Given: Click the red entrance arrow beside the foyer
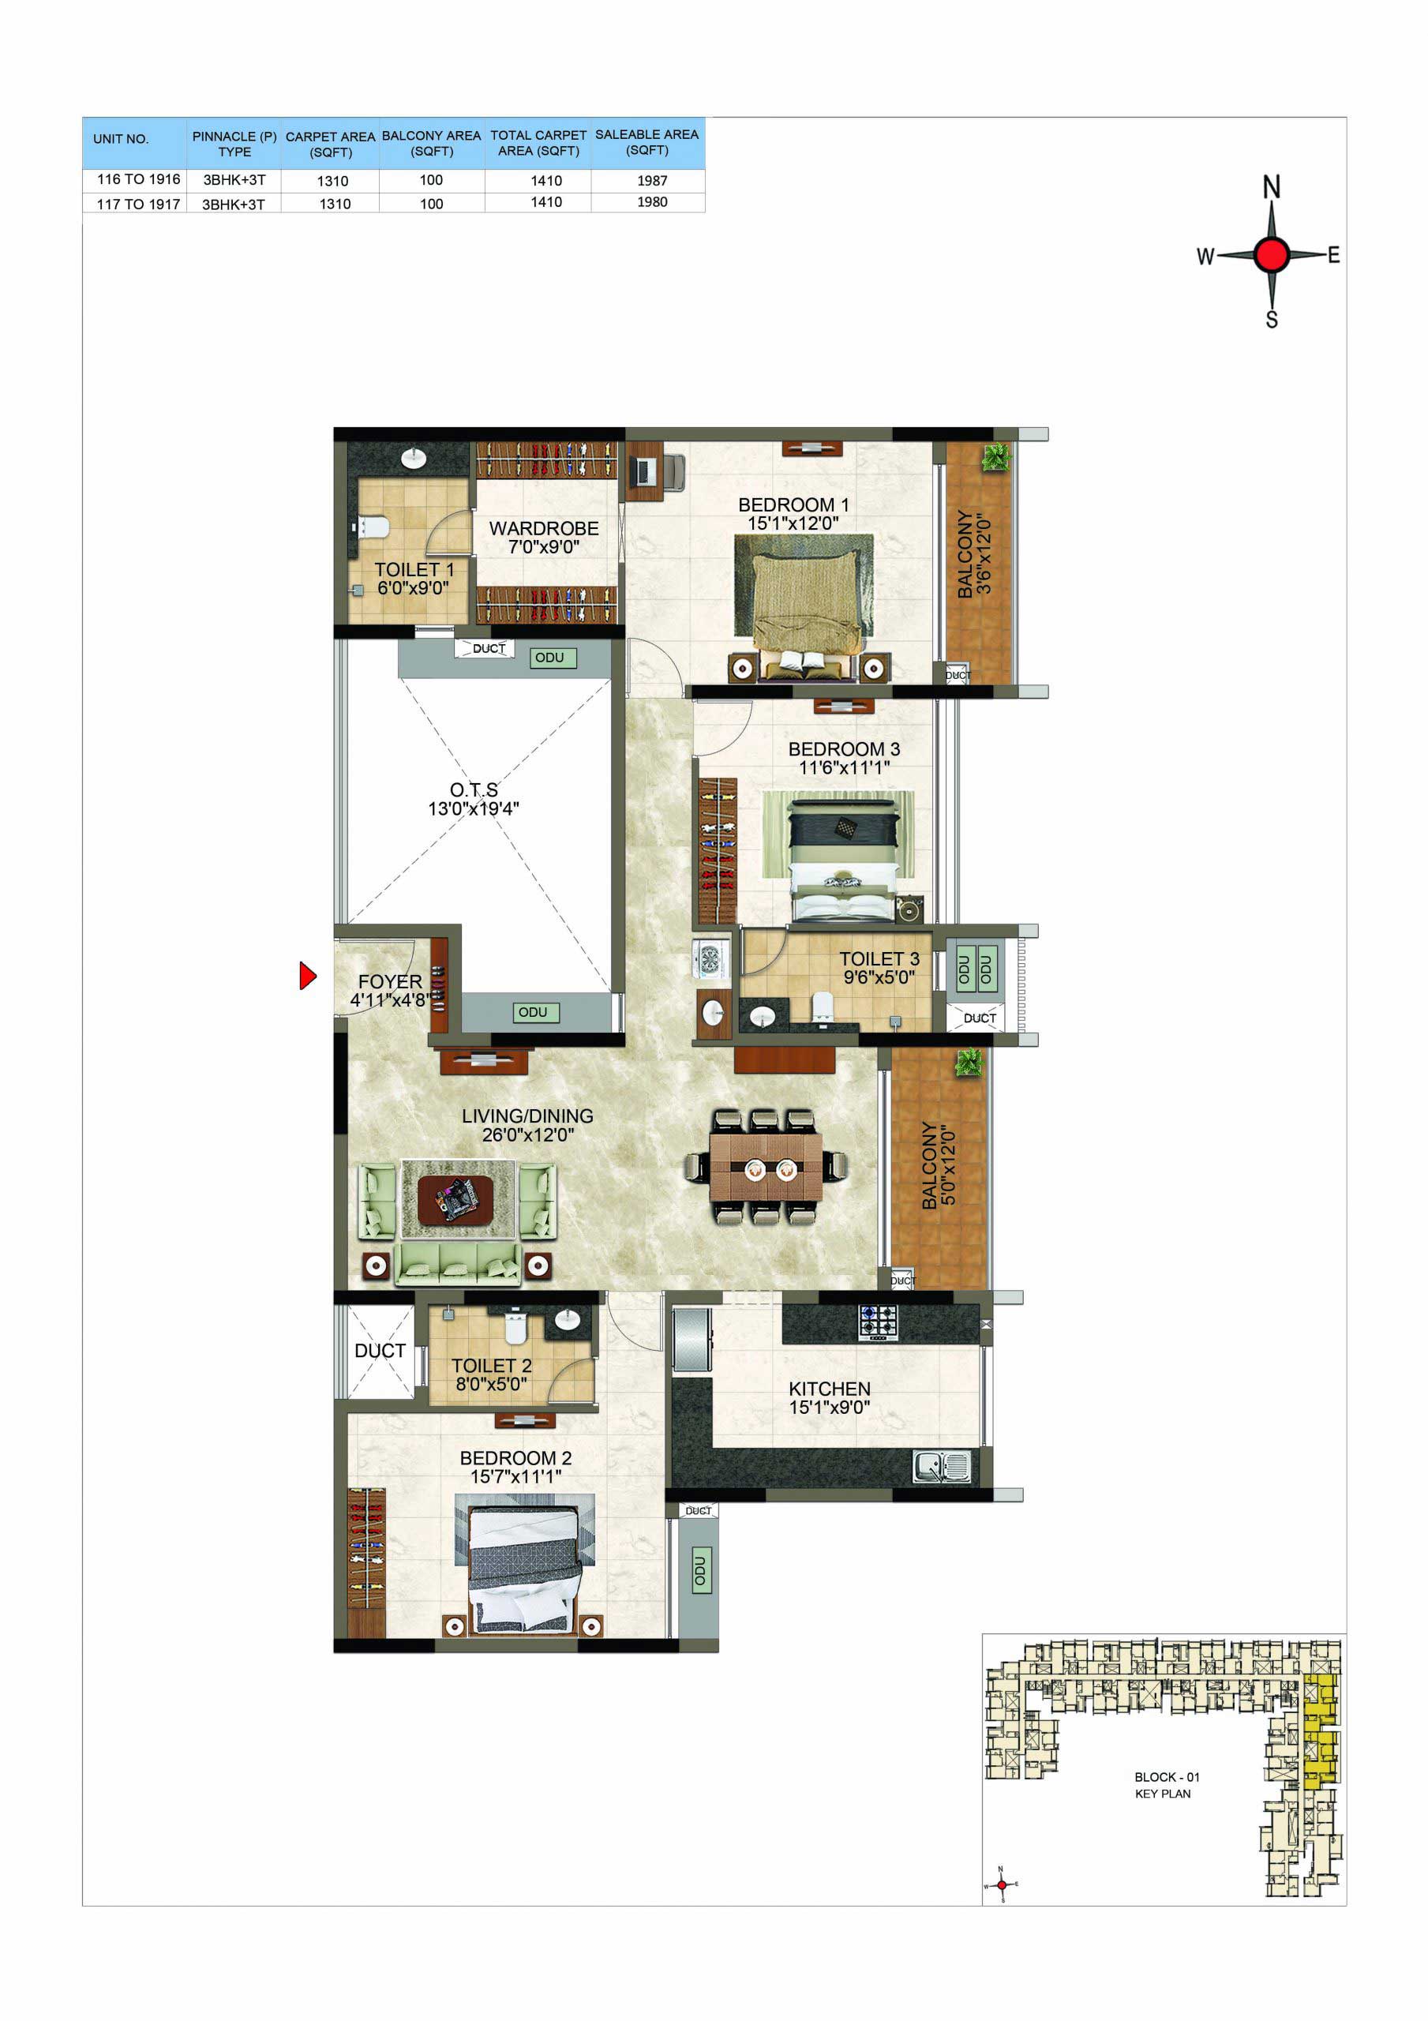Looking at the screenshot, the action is [x=307, y=975].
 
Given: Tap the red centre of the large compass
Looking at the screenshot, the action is [x=1271, y=255].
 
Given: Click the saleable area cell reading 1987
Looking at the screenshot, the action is [x=652, y=181].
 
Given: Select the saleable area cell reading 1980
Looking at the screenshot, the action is [x=652, y=202].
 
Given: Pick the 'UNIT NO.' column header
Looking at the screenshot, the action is [x=121, y=139].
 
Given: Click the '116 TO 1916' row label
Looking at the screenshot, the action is [x=138, y=179].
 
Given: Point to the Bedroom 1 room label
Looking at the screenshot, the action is [x=793, y=505].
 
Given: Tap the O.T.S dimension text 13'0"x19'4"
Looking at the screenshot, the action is [x=474, y=809].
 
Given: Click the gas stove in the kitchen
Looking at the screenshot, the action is [x=878, y=1322].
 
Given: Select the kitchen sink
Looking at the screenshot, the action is [x=941, y=1468].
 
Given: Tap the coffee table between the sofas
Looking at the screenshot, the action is [x=456, y=1200].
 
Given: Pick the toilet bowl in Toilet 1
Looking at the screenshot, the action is [x=373, y=527].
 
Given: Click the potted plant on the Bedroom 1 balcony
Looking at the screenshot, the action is [x=997, y=457].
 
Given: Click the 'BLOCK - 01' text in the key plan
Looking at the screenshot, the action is [x=1167, y=1777].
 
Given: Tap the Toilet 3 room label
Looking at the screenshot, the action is [x=879, y=958].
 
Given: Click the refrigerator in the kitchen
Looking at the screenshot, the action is [x=692, y=1340].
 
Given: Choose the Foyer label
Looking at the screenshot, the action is [x=390, y=981].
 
